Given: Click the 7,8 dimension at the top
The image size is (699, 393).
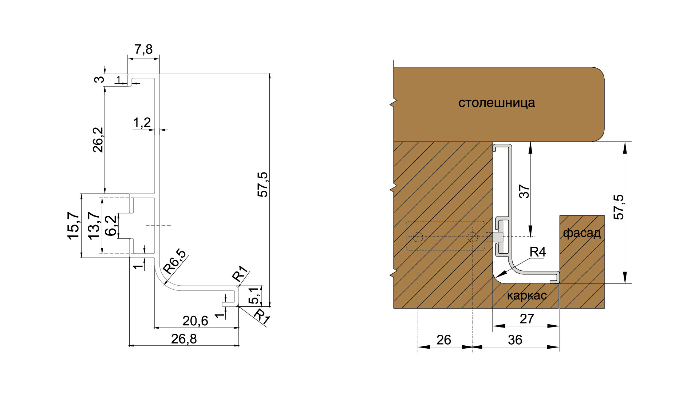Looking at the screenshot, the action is (143, 49).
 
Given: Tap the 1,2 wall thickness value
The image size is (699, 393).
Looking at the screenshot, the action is (142, 123).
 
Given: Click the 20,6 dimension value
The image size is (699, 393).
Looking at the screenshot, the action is (195, 321).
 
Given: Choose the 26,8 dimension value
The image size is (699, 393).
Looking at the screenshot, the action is (184, 339).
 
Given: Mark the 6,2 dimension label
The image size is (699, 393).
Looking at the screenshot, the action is (111, 226).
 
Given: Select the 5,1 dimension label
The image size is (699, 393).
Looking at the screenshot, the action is (254, 295).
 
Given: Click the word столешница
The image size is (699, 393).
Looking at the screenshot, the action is (497, 103).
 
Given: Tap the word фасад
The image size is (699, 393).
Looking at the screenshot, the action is (582, 233).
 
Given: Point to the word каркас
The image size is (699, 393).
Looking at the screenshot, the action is (527, 295).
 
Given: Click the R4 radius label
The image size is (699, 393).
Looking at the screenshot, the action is (538, 252).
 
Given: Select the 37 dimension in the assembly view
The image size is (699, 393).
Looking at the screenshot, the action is (524, 191).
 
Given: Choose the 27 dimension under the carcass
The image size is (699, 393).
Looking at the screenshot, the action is (527, 319).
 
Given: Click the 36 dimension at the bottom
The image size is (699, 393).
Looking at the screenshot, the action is (515, 340).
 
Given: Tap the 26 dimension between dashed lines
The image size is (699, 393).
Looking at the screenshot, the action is (444, 340).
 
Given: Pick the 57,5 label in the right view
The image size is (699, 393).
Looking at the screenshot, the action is (619, 207).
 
